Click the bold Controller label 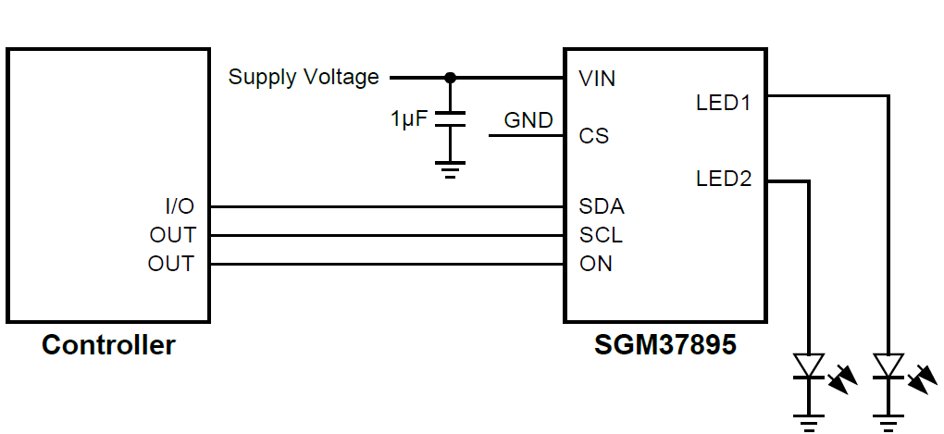click(x=108, y=346)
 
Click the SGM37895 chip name click(x=665, y=346)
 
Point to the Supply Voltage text click(x=304, y=77)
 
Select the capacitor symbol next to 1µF click(x=451, y=119)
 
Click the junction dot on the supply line click(x=451, y=77)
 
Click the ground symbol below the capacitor click(x=451, y=170)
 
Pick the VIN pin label click(x=597, y=79)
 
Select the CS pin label click(x=594, y=136)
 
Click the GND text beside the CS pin click(x=528, y=120)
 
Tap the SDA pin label click(x=601, y=206)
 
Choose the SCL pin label click(x=601, y=235)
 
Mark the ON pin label click(x=596, y=264)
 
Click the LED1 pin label click(x=724, y=103)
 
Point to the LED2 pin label click(x=724, y=179)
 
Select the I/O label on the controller click(x=179, y=206)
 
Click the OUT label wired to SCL click(x=172, y=235)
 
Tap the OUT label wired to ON click(x=171, y=264)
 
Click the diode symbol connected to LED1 click(x=889, y=367)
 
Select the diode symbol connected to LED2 click(x=810, y=367)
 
